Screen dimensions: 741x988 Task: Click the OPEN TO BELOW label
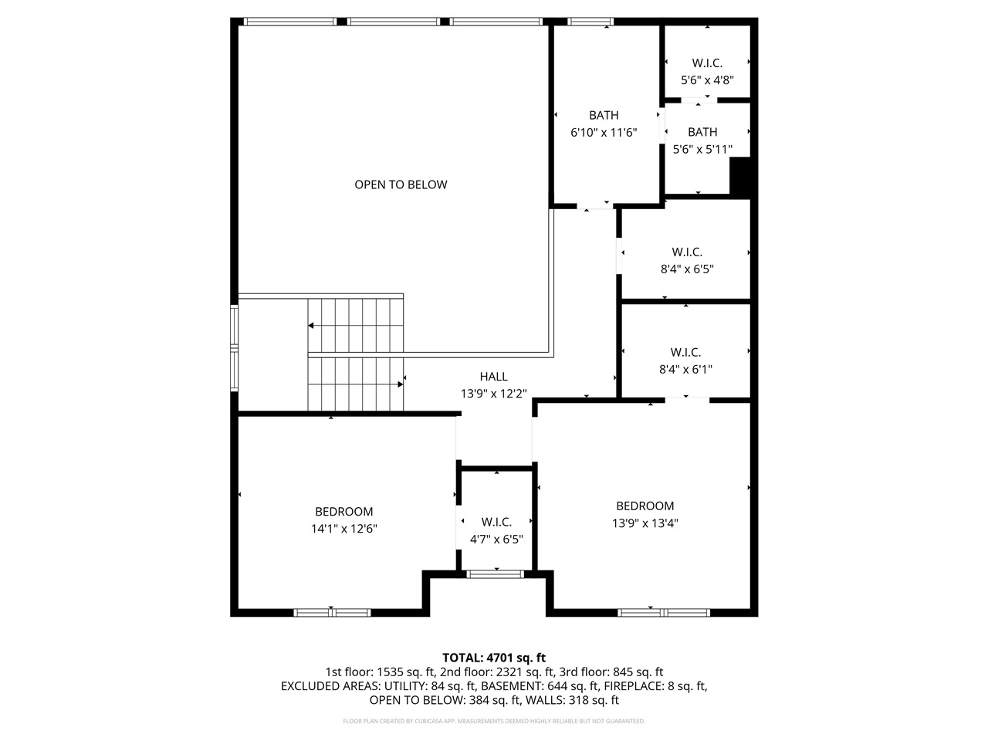pyautogui.click(x=401, y=184)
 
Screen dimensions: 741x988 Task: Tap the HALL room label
pyautogui.click(x=493, y=377)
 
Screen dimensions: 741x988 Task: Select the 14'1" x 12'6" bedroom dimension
pyautogui.click(x=343, y=529)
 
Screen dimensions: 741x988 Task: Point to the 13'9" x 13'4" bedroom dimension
pyautogui.click(x=645, y=523)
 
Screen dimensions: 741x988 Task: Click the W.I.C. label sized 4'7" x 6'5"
pyautogui.click(x=496, y=523)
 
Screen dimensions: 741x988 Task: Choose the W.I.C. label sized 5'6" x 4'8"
pyautogui.click(x=706, y=63)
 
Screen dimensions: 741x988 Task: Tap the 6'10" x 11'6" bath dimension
pyautogui.click(x=604, y=133)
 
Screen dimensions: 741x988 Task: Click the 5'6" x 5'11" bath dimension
pyautogui.click(x=702, y=149)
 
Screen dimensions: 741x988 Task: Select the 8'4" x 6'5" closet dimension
pyautogui.click(x=687, y=269)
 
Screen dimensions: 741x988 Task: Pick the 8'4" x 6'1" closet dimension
pyautogui.click(x=685, y=370)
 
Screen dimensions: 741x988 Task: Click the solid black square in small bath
pyautogui.click(x=740, y=177)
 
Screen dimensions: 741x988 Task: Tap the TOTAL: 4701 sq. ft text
pyautogui.click(x=494, y=658)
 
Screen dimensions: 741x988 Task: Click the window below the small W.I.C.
pyautogui.click(x=496, y=574)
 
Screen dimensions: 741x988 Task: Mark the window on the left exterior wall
pyautogui.click(x=235, y=349)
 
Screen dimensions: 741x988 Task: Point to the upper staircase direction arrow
pyautogui.click(x=311, y=327)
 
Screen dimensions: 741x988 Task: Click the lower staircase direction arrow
pyautogui.click(x=400, y=384)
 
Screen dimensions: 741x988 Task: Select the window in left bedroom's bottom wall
pyautogui.click(x=332, y=613)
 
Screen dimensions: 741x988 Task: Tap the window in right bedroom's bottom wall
pyautogui.click(x=663, y=613)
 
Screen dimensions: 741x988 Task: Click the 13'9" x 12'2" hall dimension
pyautogui.click(x=493, y=394)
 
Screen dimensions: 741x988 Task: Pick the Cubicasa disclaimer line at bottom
pyautogui.click(x=494, y=721)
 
